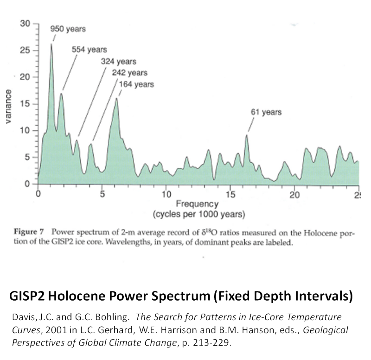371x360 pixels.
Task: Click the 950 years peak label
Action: [68, 29]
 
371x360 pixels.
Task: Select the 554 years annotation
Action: [89, 50]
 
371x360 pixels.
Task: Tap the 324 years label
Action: [118, 61]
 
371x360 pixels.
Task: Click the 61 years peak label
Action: [266, 112]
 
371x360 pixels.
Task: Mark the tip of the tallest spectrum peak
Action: [51, 44]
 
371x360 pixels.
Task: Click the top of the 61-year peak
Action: [247, 135]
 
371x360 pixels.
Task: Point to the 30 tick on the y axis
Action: [25, 24]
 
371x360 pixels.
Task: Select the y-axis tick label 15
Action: [25, 104]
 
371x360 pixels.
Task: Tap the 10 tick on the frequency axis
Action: [166, 194]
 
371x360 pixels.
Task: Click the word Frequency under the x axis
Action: [197, 204]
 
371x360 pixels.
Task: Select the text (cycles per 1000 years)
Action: [199, 214]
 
